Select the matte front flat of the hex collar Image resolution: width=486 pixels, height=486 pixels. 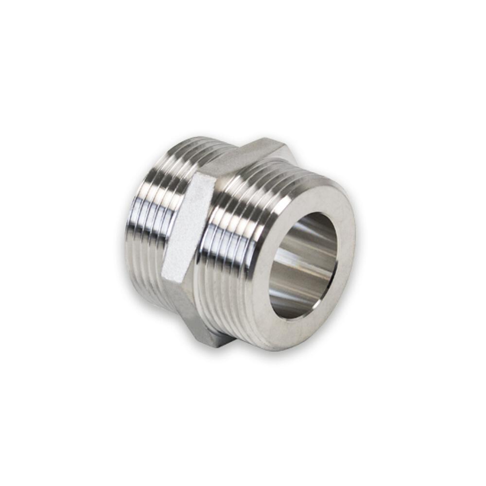coord(187,228)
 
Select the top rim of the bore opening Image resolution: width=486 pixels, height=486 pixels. coord(316,214)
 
